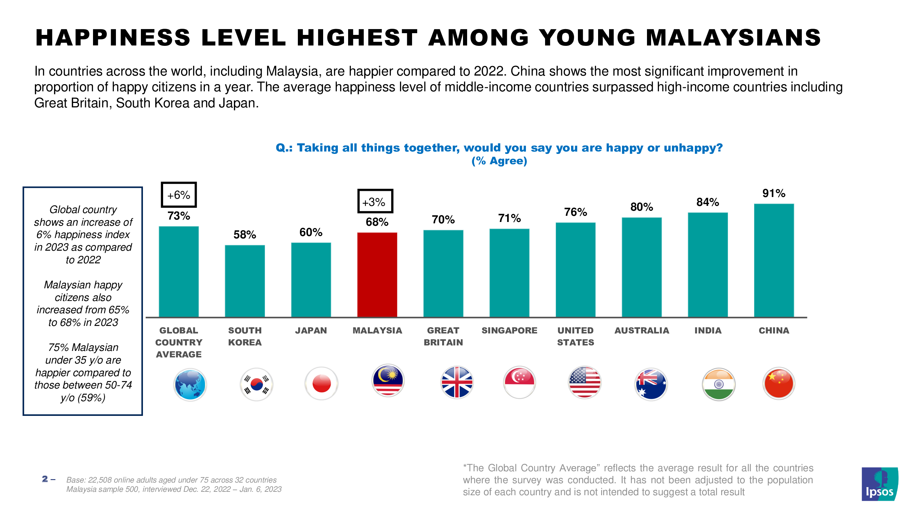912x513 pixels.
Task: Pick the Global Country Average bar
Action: point(179,272)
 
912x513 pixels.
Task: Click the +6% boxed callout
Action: point(179,195)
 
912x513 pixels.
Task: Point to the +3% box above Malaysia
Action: point(375,202)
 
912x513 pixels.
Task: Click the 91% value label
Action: point(774,193)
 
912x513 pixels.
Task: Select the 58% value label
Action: point(244,234)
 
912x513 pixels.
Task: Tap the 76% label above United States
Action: point(575,212)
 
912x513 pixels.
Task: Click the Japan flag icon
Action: point(321,384)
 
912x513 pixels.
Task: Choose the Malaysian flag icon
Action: point(388,381)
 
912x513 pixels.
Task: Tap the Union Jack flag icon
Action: point(457,382)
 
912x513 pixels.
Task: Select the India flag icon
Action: point(718,384)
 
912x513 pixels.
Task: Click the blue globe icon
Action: point(190,384)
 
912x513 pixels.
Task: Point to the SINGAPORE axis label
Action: point(509,331)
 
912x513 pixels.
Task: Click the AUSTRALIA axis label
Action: point(642,331)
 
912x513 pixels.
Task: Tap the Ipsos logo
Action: point(880,484)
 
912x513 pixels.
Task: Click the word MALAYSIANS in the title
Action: point(733,38)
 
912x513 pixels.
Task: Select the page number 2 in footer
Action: point(45,479)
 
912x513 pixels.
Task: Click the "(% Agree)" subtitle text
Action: point(499,161)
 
